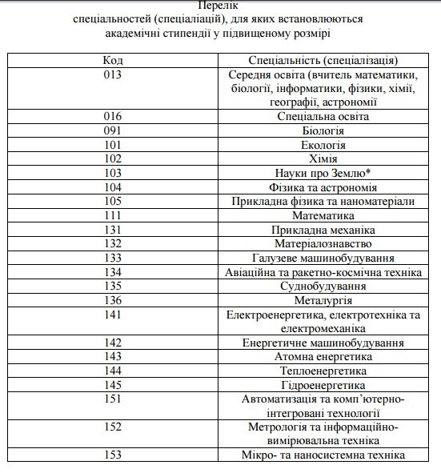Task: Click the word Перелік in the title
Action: [220, 6]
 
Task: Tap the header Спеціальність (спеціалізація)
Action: [324, 60]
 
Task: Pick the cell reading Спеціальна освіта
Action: [324, 116]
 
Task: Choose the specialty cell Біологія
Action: [324, 130]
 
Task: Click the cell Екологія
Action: [324, 144]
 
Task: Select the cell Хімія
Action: [324, 158]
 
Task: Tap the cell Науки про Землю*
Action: [324, 173]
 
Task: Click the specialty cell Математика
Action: [324, 215]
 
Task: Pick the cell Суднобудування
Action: [324, 286]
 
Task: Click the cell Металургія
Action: [324, 300]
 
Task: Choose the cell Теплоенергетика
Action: [324, 371]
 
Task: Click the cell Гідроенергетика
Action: [324, 385]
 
